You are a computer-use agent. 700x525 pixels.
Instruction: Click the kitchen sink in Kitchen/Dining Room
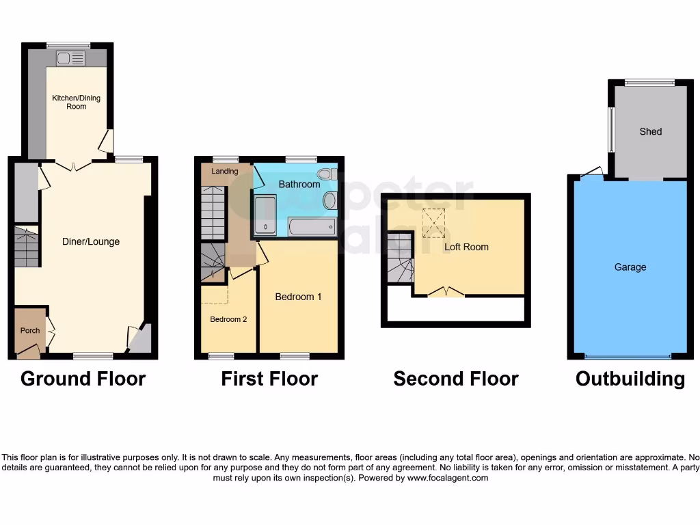(x=70, y=58)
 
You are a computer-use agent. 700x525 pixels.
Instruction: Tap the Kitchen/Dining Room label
(x=77, y=102)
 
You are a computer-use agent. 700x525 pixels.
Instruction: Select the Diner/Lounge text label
(x=91, y=241)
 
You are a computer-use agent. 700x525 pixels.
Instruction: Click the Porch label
(x=29, y=331)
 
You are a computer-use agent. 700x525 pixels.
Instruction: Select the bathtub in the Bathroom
(x=312, y=226)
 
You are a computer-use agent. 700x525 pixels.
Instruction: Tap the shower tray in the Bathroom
(x=265, y=215)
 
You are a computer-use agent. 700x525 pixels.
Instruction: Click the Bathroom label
(x=299, y=185)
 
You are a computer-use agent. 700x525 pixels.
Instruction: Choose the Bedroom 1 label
(x=298, y=297)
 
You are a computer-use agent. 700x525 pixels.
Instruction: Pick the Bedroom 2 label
(x=228, y=319)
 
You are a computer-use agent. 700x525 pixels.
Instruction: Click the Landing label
(x=224, y=171)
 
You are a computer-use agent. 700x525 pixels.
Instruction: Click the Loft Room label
(x=466, y=247)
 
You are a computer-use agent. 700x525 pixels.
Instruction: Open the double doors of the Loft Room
(x=446, y=293)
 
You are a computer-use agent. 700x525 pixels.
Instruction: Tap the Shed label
(x=650, y=131)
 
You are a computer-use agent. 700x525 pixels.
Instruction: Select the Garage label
(x=630, y=267)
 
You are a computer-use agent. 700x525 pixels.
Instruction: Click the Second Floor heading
(x=456, y=379)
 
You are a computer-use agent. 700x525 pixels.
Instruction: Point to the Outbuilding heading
(x=630, y=379)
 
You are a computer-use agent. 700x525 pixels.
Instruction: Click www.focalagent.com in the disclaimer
(x=448, y=479)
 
